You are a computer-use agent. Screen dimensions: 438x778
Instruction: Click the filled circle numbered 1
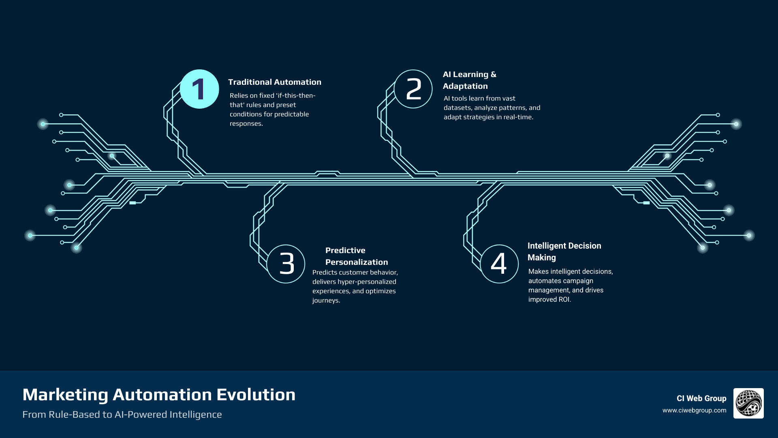click(199, 89)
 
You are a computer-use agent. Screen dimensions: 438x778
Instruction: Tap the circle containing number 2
click(413, 89)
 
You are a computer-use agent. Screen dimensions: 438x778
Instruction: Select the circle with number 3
click(286, 264)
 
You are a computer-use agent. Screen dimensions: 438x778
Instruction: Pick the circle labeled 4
click(499, 264)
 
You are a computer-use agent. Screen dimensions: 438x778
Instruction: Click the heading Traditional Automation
click(274, 82)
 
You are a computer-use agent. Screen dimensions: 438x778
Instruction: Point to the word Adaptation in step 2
click(465, 86)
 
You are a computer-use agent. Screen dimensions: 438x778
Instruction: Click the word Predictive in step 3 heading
click(345, 251)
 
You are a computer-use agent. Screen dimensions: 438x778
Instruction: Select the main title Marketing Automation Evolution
click(159, 395)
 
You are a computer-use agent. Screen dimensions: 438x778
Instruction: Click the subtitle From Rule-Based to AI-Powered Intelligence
click(122, 415)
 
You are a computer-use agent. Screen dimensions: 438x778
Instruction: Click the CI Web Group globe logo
click(748, 403)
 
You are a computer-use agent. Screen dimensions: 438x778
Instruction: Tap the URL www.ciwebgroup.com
click(694, 410)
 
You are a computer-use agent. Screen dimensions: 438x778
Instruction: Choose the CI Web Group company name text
click(701, 399)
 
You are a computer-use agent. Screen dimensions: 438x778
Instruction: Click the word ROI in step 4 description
click(564, 300)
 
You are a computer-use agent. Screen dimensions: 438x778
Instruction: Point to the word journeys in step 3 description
click(325, 301)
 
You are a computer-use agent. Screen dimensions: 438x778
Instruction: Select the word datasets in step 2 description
click(457, 108)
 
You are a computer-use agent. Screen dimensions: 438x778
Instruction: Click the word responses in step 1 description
click(246, 124)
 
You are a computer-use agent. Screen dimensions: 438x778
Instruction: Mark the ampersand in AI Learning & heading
click(493, 75)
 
